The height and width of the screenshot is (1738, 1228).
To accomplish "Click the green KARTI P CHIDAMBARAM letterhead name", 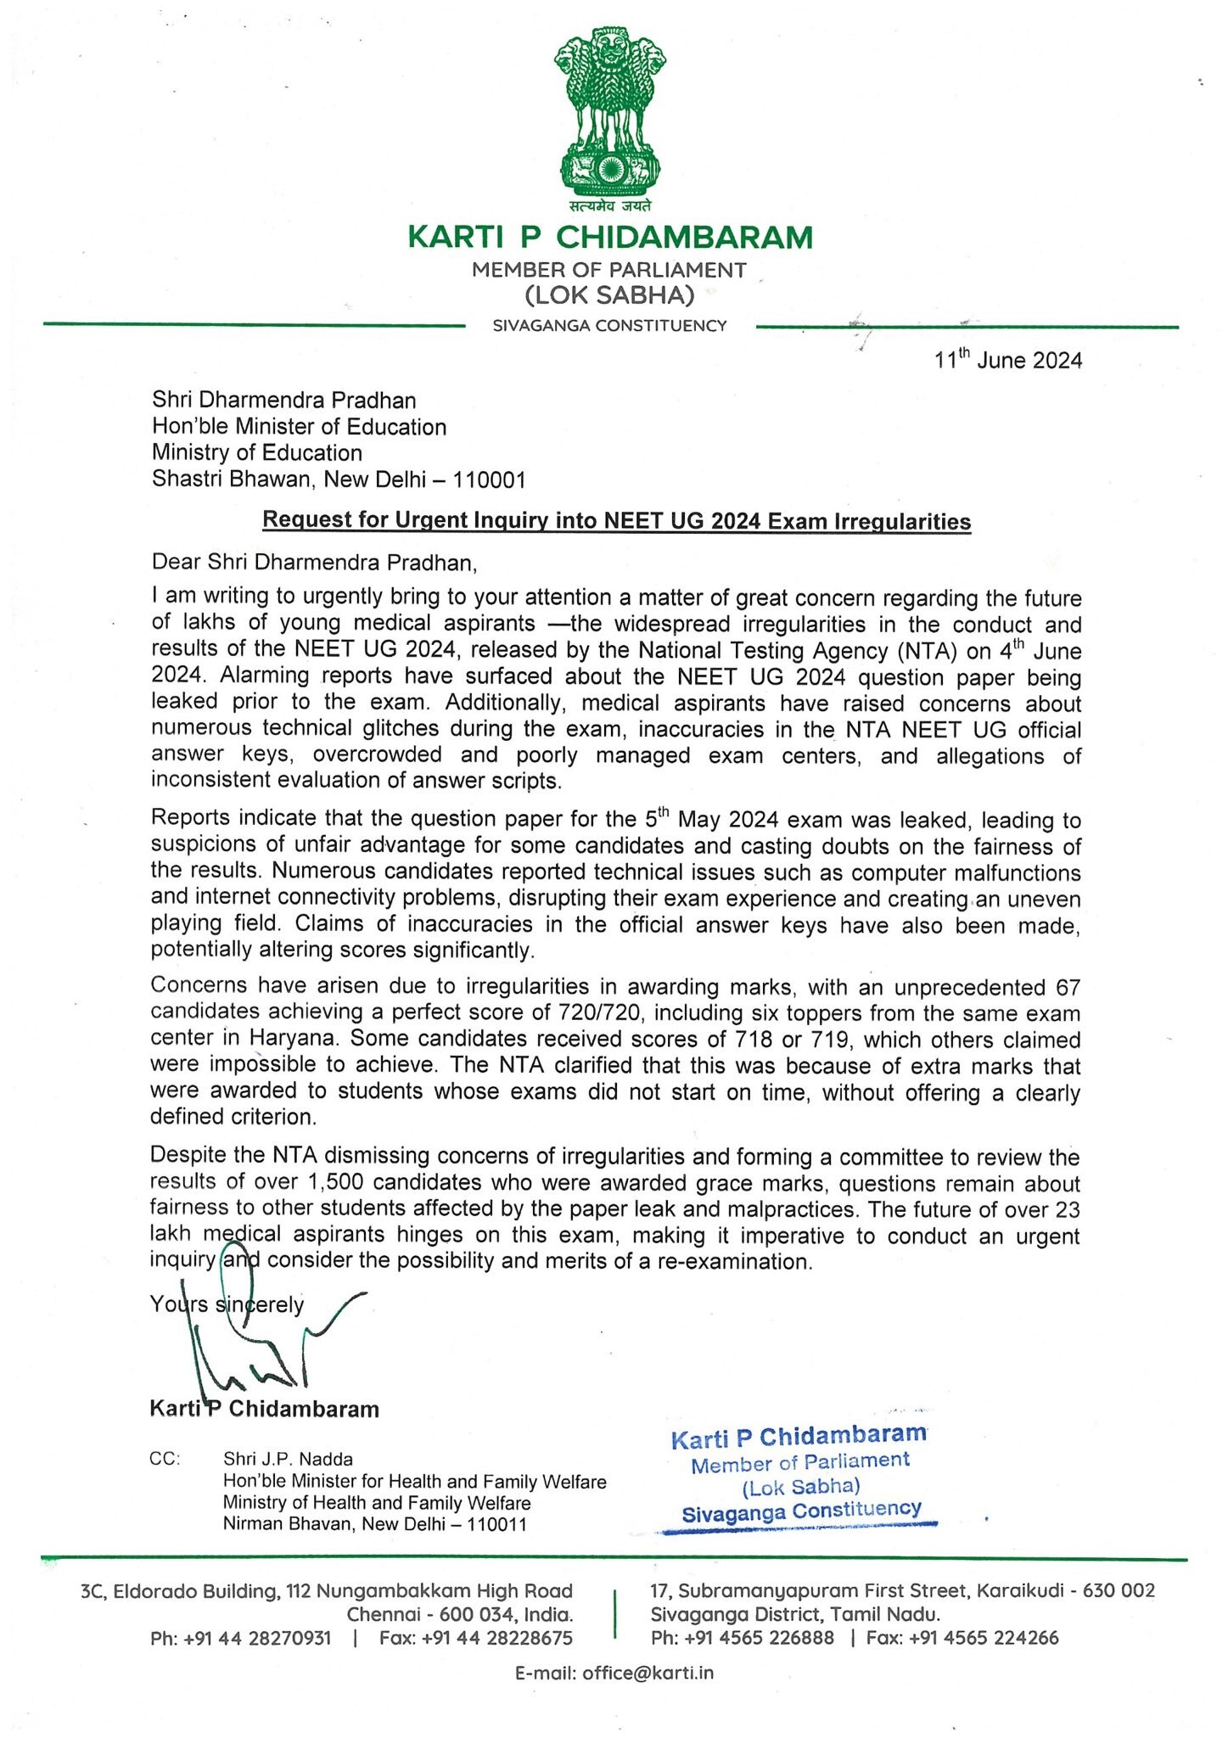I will pyautogui.click(x=609, y=237).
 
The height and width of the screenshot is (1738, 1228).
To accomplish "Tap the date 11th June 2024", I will pyautogui.click(x=1007, y=361).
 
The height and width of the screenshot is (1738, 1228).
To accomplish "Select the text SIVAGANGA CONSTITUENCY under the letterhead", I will pyautogui.click(x=609, y=326).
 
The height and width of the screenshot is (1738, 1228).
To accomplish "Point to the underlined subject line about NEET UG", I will pyautogui.click(x=616, y=520).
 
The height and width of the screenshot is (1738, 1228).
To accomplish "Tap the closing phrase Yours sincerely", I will pyautogui.click(x=227, y=1304).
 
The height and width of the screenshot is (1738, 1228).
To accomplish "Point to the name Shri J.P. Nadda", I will pyautogui.click(x=288, y=1459).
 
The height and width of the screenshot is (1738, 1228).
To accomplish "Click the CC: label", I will pyautogui.click(x=165, y=1459).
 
